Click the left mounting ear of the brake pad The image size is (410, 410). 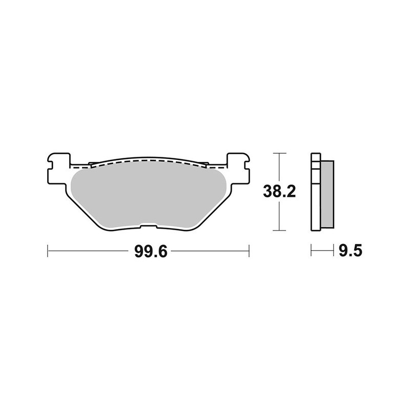click(57, 166)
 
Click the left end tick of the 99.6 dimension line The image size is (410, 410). click(48, 251)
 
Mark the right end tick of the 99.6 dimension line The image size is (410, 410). click(249, 251)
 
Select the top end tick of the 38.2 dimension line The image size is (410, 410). click(278, 153)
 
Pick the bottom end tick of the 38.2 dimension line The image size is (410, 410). click(278, 231)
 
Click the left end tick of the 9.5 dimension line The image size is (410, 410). click(312, 251)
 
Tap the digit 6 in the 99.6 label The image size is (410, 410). click(163, 251)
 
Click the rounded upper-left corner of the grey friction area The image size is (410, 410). click(75, 174)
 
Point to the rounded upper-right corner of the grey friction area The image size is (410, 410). click(220, 174)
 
